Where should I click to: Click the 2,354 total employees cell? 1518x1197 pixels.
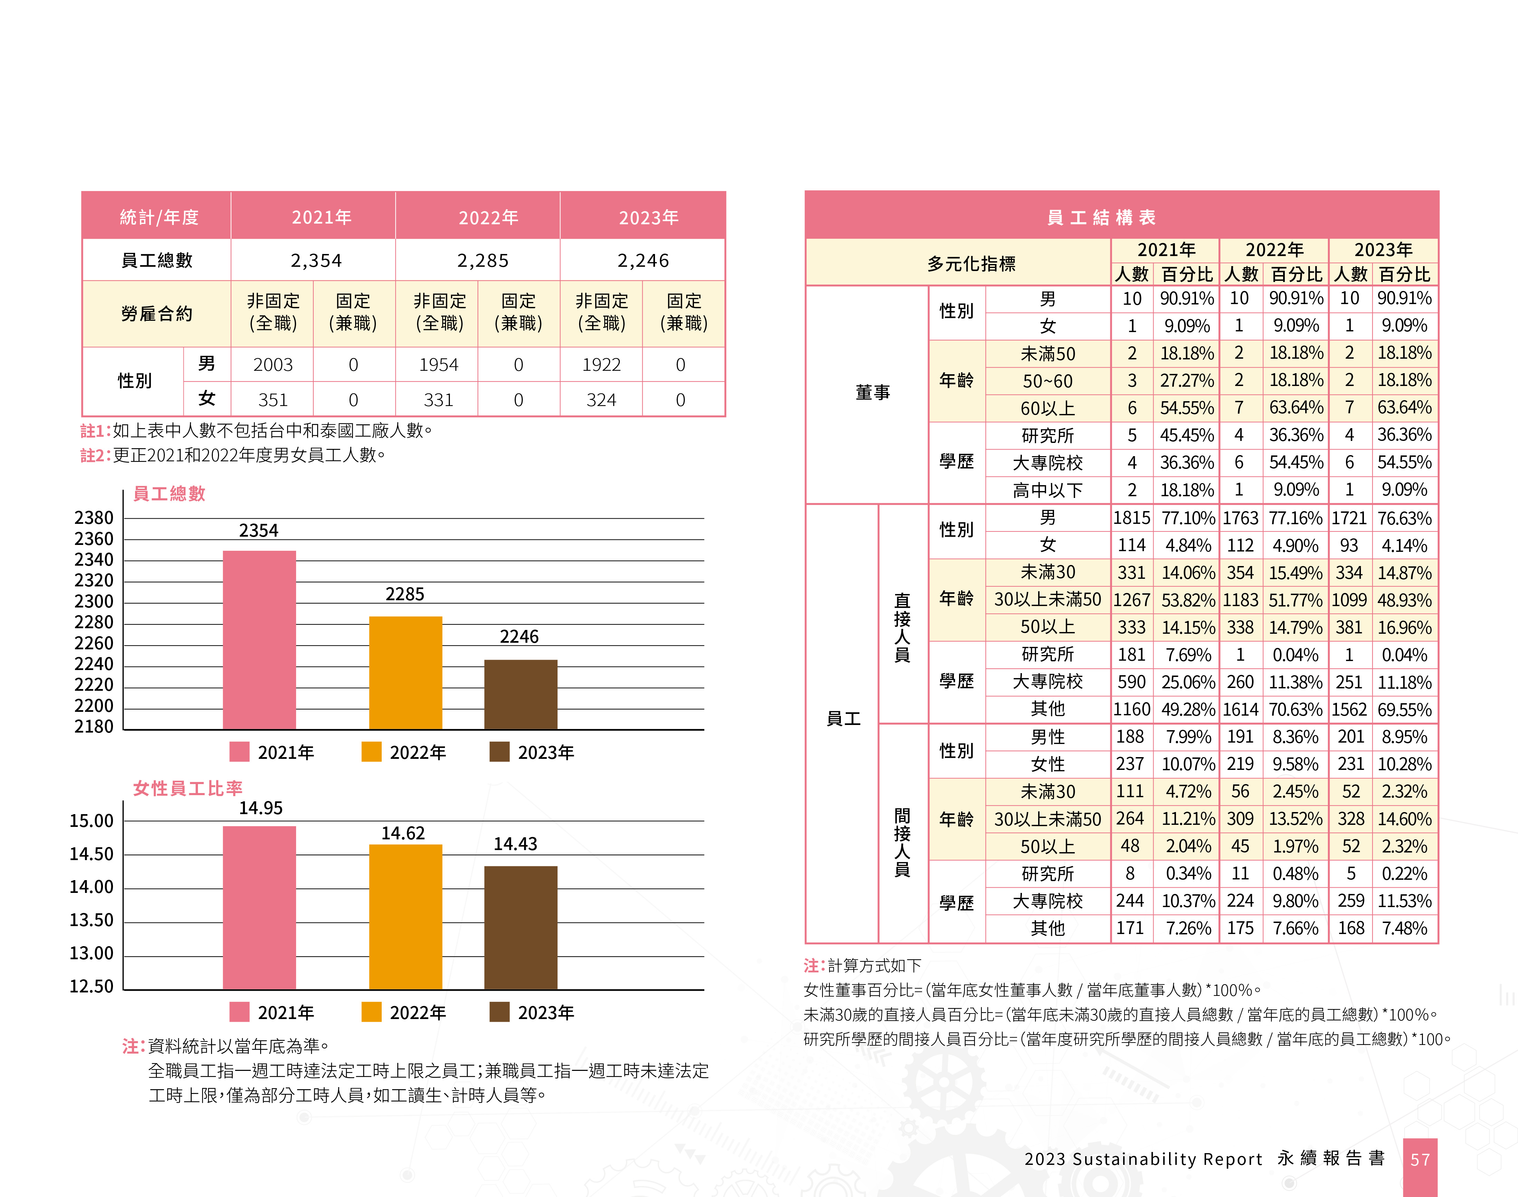pyautogui.click(x=316, y=261)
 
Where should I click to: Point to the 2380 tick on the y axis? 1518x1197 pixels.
pyautogui.click(x=94, y=518)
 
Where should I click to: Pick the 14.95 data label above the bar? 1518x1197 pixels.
pyautogui.click(x=260, y=808)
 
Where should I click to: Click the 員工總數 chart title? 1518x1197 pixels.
pyautogui.click(x=169, y=493)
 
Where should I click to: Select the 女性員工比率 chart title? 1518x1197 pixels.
pyautogui.click(x=188, y=789)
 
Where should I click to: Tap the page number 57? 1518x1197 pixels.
pyautogui.click(x=1420, y=1160)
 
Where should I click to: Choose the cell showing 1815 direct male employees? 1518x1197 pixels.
pyautogui.click(x=1131, y=518)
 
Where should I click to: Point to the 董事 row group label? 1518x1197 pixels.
pyautogui.click(x=873, y=393)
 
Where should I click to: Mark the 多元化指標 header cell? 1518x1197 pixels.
pyautogui.click(x=971, y=264)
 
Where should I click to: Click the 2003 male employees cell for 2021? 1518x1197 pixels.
pyautogui.click(x=273, y=365)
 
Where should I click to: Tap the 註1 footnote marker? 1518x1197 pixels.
pyautogui.click(x=95, y=430)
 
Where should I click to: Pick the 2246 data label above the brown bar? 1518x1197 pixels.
pyautogui.click(x=519, y=637)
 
